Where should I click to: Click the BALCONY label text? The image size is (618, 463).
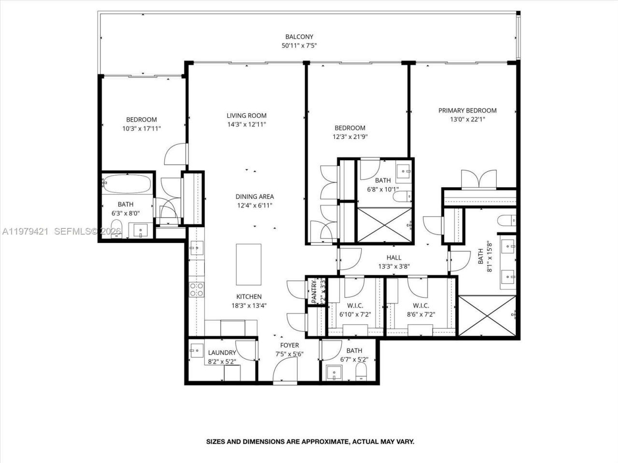coord(299,37)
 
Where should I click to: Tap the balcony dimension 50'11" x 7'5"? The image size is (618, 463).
coord(299,46)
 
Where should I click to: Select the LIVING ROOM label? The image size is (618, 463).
coord(247,115)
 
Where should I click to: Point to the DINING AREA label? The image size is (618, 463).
coord(254,196)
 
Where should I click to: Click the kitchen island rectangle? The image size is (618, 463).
coord(249,264)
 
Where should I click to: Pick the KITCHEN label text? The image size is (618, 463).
coord(249,297)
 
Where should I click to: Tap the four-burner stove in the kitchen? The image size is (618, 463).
coord(197,289)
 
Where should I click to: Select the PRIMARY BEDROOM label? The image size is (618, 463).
coord(467,110)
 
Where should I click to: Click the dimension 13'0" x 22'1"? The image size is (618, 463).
coord(467,120)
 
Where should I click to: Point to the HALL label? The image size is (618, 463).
coord(393,258)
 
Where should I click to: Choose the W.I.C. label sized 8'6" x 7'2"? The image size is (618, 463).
coord(421,306)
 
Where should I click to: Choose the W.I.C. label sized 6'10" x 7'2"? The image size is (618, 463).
coord(355,306)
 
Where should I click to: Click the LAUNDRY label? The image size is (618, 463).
coord(222,353)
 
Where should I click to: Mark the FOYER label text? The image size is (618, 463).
coord(289,345)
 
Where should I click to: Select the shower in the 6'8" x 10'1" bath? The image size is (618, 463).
coord(385,225)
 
